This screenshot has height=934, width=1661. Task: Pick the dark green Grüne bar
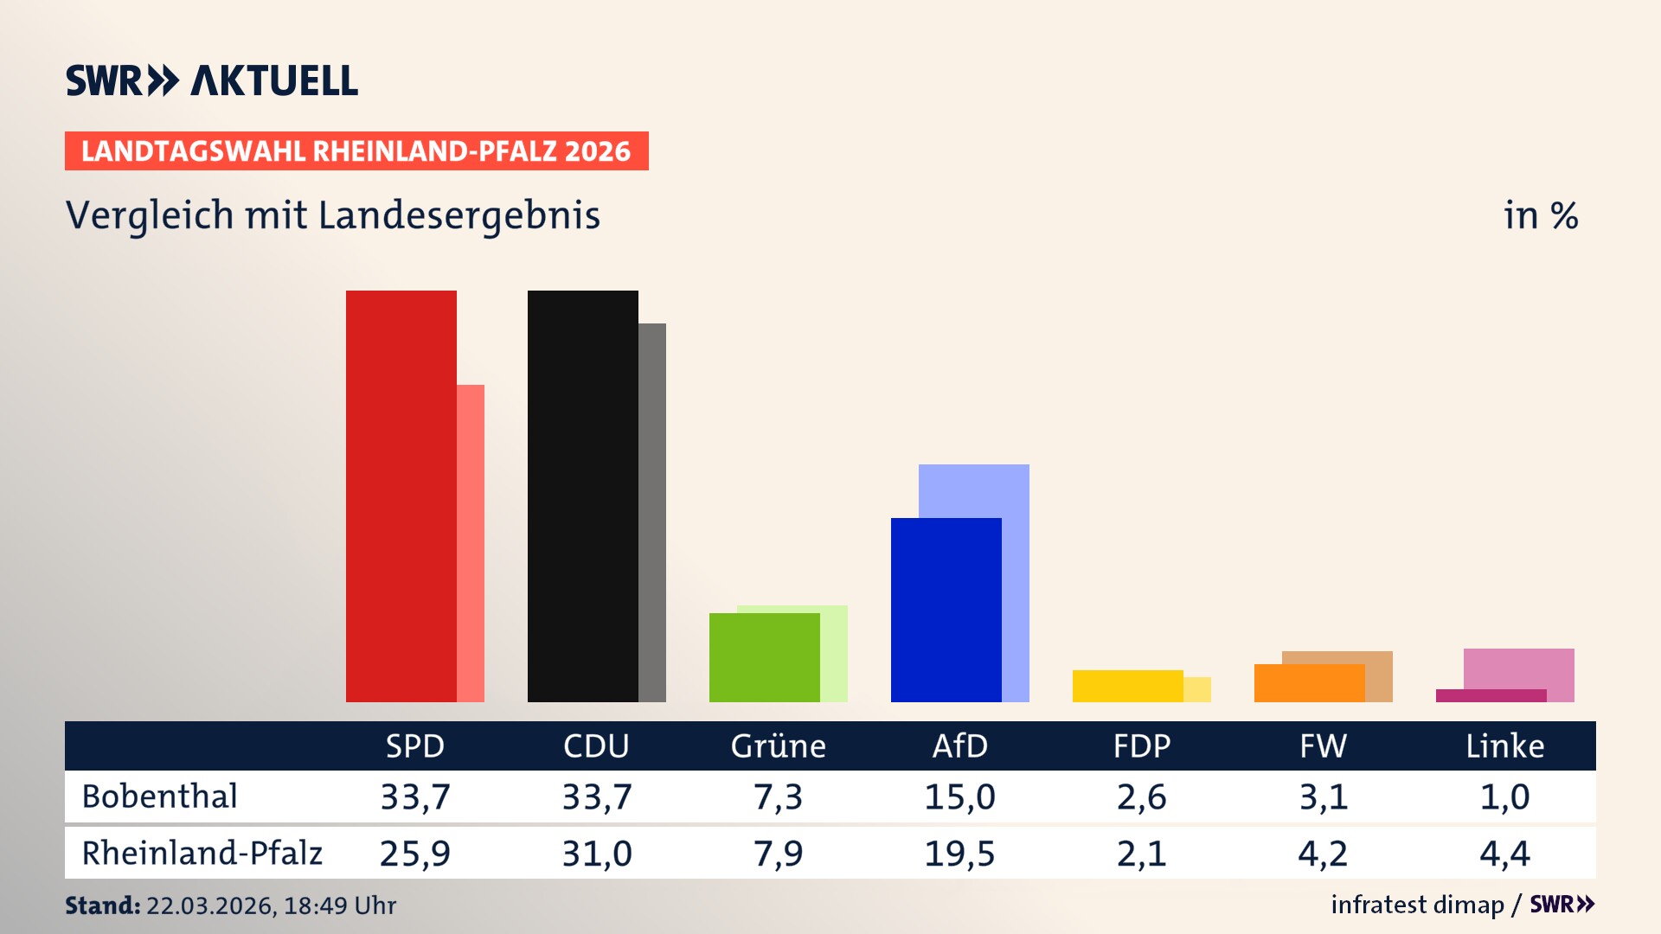[764, 657]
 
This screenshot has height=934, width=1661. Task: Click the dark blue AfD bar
[946, 610]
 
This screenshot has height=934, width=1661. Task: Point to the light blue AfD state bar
[974, 489]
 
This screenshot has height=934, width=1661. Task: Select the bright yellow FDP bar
[1127, 686]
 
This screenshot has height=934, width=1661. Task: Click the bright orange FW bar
[1309, 683]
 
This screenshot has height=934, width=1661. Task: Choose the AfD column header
[959, 745]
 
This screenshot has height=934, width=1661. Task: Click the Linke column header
[1504, 745]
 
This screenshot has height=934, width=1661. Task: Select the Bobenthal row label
[159, 796]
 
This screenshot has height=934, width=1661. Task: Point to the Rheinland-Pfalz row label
[202, 854]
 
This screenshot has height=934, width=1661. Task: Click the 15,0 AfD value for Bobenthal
[959, 796]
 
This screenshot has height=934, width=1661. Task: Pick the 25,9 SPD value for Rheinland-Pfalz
[414, 854]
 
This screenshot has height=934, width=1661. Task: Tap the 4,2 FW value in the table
[1323, 854]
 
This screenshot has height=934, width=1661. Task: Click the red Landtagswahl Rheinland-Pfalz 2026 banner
[356, 151]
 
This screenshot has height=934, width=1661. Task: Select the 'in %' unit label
[1541, 215]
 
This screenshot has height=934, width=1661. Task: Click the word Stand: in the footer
[102, 905]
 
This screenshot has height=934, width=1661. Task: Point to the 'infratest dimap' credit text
[1417, 905]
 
